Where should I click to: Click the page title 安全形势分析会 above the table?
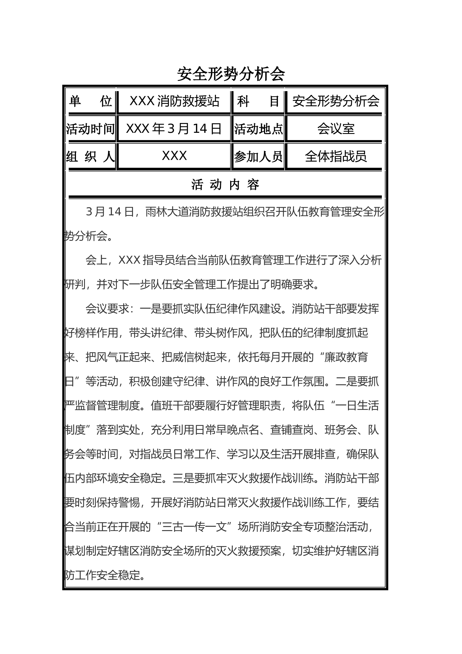(x=231, y=74)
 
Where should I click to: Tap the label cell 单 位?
(x=90, y=101)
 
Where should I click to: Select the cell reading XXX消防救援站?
(x=174, y=101)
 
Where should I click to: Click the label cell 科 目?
(x=258, y=101)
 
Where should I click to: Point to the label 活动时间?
(x=90, y=129)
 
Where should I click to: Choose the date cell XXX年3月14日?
(x=174, y=129)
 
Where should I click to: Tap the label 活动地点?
(x=258, y=129)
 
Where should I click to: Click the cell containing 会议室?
(x=336, y=129)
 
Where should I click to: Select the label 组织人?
(x=90, y=156)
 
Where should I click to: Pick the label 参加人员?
(x=258, y=156)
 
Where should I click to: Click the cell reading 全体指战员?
(x=336, y=156)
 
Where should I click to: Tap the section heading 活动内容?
(x=225, y=185)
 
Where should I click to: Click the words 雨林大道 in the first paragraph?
(x=167, y=212)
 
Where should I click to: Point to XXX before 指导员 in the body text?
(x=129, y=260)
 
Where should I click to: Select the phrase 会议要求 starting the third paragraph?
(x=107, y=309)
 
